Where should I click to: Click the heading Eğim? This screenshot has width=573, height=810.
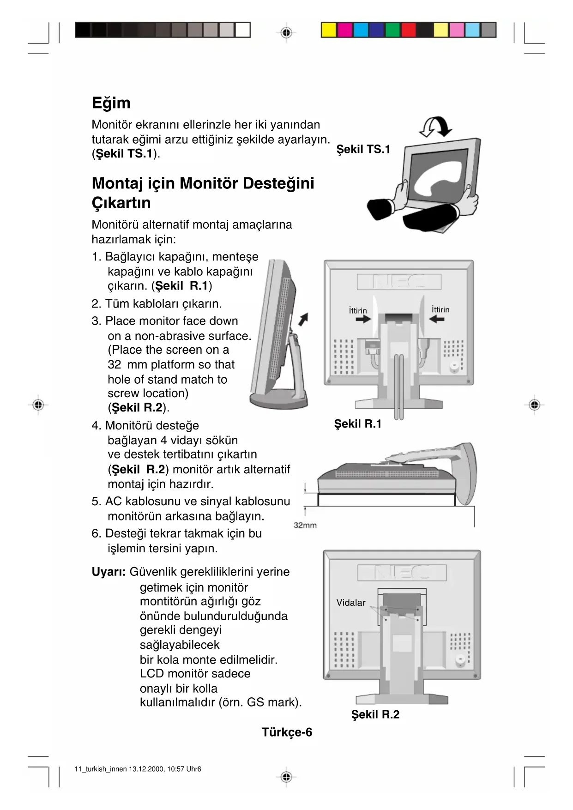(111, 103)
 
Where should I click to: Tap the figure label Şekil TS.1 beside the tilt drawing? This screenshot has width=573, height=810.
(363, 149)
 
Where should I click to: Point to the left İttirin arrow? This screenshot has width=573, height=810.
(363, 319)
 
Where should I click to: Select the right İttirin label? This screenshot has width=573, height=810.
(440, 309)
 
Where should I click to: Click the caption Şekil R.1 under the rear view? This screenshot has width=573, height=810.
(358, 424)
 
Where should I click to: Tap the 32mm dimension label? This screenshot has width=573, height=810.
(305, 525)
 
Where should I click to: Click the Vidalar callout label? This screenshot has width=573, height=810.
(351, 603)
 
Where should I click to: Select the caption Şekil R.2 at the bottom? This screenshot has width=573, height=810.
(375, 714)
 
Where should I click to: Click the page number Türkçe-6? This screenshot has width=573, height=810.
(287, 732)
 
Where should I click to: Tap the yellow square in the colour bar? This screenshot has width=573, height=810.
(329, 30)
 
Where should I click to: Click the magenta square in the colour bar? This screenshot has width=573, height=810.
(344, 30)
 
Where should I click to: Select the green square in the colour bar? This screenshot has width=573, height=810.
(392, 30)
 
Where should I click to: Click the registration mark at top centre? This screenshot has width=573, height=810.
(286, 33)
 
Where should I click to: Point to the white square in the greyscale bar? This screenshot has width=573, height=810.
(242, 30)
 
